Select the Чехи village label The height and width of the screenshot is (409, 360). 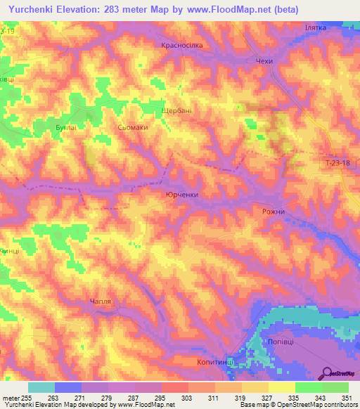[x=264, y=62]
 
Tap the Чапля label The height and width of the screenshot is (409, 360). [x=101, y=301]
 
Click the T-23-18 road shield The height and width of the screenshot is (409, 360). [x=340, y=163]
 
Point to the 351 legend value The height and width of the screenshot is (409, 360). [x=348, y=397]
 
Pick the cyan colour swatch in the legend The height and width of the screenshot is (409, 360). [x=41, y=387]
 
